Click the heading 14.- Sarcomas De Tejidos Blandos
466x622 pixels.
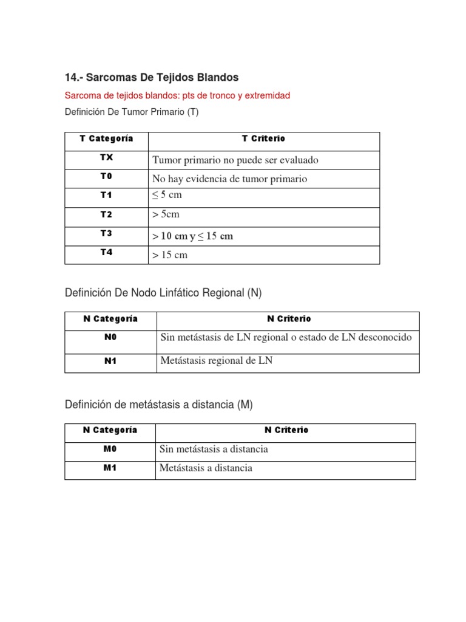(152, 77)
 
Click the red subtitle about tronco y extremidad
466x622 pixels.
(177, 95)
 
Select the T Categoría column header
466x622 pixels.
(106, 138)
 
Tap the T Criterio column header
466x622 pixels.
(263, 138)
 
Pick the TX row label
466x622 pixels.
(106, 157)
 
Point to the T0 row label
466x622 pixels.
(106, 176)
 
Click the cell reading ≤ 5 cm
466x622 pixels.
(167, 195)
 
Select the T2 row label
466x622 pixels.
(106, 214)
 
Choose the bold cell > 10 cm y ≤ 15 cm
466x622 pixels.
(193, 236)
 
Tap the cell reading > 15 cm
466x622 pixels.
(170, 255)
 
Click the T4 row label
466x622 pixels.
(106, 252)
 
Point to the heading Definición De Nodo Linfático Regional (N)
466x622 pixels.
(163, 293)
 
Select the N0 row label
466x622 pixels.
(110, 338)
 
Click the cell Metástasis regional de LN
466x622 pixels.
(217, 360)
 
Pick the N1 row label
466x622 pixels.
(110, 361)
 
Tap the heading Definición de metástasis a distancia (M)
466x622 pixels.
(158, 405)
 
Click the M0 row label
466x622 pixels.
(110, 449)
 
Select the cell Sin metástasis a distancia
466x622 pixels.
(214, 449)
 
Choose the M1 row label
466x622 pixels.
(110, 468)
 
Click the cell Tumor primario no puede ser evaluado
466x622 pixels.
(235, 160)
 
